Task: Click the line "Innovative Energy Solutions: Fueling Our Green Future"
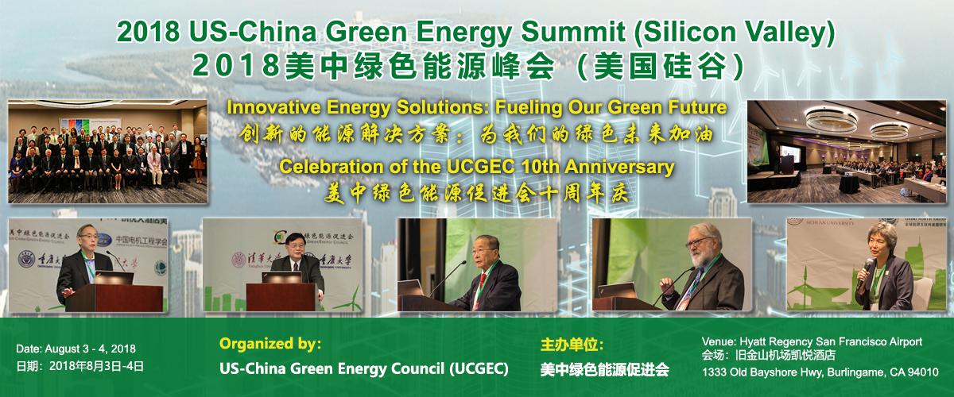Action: click(476, 107)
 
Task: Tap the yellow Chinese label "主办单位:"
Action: click(572, 345)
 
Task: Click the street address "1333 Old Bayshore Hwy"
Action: click(763, 372)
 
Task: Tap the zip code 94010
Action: click(922, 372)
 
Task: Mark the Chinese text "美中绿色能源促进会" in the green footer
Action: click(604, 370)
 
